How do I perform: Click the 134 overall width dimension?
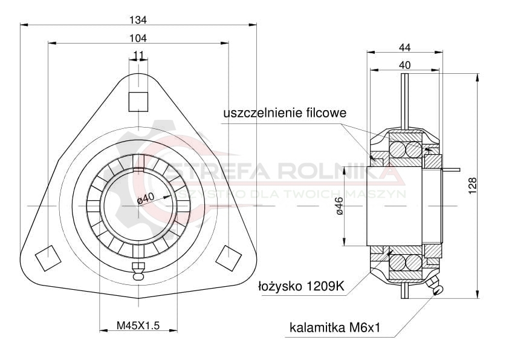pyautogui.click(x=138, y=20)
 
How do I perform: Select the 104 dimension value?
pyautogui.click(x=138, y=38)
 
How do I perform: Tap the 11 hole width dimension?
pyautogui.click(x=138, y=55)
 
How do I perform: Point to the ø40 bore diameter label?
pyautogui.click(x=146, y=199)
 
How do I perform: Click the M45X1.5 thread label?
pyautogui.click(x=138, y=326)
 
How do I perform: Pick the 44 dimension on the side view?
pyautogui.click(x=405, y=47)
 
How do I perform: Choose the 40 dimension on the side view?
pyautogui.click(x=404, y=65)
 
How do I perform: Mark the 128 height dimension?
pyautogui.click(x=473, y=186)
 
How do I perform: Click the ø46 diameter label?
pyautogui.click(x=340, y=206)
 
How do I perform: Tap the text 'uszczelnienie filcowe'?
pyautogui.click(x=285, y=113)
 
